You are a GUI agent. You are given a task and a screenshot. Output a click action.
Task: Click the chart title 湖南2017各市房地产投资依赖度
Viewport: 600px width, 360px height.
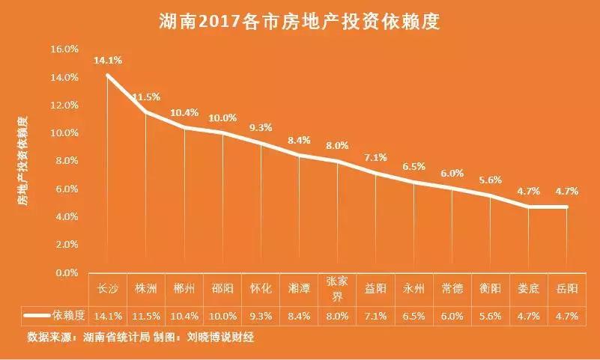coord(299,22)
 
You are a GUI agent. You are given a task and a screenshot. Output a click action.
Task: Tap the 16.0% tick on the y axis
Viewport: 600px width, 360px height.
coord(64,49)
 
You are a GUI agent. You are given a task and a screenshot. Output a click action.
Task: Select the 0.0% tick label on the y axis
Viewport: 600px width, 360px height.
coord(66,273)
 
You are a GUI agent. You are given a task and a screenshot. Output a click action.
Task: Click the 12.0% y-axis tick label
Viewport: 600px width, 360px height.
coord(64,106)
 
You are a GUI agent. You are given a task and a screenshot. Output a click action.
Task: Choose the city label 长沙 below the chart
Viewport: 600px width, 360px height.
coord(108,288)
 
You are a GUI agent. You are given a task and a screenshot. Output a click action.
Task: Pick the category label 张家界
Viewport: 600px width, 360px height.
coord(337,288)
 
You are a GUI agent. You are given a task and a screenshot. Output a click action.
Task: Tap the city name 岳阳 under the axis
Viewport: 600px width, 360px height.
coord(567,288)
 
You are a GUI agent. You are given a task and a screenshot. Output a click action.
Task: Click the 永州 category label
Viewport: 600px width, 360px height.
coord(413,288)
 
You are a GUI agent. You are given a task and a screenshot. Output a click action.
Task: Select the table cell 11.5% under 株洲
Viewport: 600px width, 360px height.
coord(146,316)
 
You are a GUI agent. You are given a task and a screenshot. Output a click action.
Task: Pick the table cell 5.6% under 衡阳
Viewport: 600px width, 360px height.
coord(490,316)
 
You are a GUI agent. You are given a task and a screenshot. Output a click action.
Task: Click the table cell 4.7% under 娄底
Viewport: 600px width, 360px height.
coord(529,316)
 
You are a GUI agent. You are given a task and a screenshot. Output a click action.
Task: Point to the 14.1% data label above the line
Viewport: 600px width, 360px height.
coord(108,61)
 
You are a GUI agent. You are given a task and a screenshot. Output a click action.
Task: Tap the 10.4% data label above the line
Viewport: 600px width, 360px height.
coord(184,113)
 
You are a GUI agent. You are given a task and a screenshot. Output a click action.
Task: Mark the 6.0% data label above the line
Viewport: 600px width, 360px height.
coord(452,173)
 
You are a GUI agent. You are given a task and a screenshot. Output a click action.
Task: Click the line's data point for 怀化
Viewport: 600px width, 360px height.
coord(261,143)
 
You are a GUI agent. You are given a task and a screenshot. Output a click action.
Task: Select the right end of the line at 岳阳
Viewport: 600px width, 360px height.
coord(567,207)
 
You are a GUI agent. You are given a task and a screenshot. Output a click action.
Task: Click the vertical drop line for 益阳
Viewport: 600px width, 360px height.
coord(375,225)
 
